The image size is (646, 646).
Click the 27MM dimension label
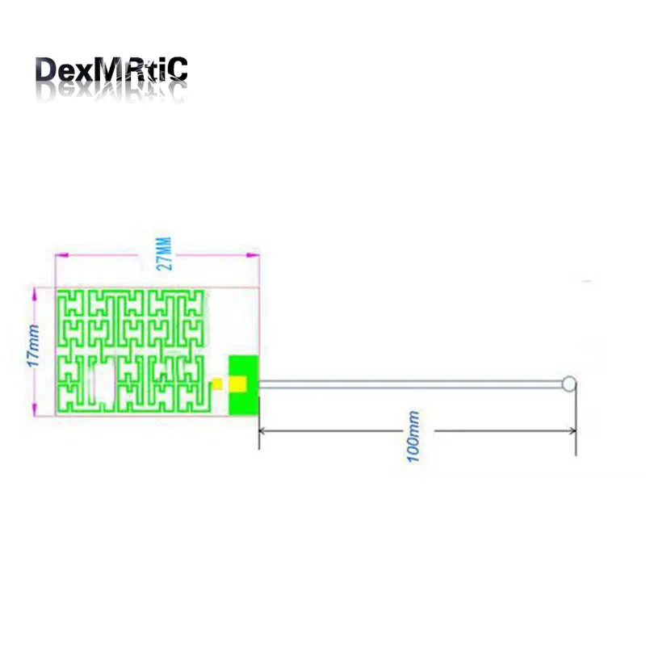(164, 254)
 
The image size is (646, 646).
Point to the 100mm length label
(414, 437)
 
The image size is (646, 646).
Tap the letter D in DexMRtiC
(48, 70)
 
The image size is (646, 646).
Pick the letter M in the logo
(111, 70)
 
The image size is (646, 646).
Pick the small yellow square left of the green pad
(216, 383)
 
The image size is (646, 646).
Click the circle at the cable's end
(569, 384)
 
